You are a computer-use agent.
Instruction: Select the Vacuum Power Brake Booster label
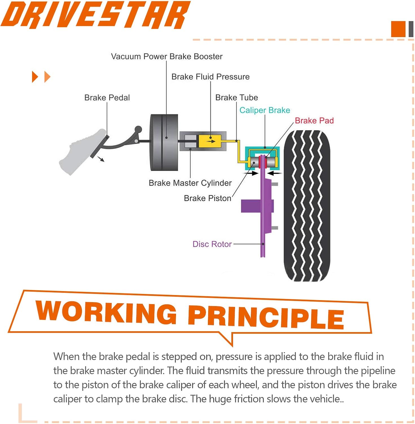point(167,57)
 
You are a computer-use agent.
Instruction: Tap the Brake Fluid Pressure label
point(210,77)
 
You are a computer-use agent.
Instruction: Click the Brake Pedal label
point(107,98)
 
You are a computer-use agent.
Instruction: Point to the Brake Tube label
point(236,98)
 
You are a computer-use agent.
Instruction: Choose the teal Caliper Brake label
point(265,110)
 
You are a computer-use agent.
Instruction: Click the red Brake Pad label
point(314,121)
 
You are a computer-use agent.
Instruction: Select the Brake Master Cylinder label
point(190,183)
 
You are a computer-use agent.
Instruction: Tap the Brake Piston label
point(207,198)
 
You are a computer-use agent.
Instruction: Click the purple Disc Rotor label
point(212,244)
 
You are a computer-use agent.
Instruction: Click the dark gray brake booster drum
point(164,143)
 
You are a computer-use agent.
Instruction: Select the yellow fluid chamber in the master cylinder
point(210,141)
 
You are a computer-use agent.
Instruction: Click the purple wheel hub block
point(250,206)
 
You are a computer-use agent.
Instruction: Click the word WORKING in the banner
point(106,312)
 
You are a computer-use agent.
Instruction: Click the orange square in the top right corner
point(398,29)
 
